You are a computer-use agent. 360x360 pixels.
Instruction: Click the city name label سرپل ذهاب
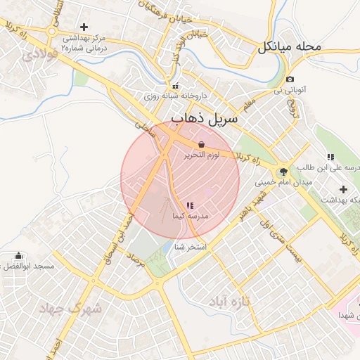pyautogui.click(x=205, y=120)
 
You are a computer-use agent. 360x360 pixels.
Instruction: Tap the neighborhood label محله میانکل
pyautogui.click(x=289, y=47)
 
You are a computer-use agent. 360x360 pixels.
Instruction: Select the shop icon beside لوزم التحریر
pyautogui.click(x=201, y=144)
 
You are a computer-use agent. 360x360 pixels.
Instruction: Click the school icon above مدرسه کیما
pyautogui.click(x=190, y=205)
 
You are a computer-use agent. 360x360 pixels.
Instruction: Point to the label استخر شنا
pyautogui.click(x=190, y=247)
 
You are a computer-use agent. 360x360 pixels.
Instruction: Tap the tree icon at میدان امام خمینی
pyautogui.click(x=283, y=171)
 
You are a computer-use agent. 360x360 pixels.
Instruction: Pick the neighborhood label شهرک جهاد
pyautogui.click(x=70, y=308)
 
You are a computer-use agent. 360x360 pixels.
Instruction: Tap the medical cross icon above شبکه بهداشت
pyautogui.click(x=343, y=189)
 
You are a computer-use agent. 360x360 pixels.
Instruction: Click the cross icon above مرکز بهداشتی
pyautogui.click(x=84, y=27)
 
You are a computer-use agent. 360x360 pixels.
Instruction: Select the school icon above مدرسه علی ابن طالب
pyautogui.click(x=330, y=157)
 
